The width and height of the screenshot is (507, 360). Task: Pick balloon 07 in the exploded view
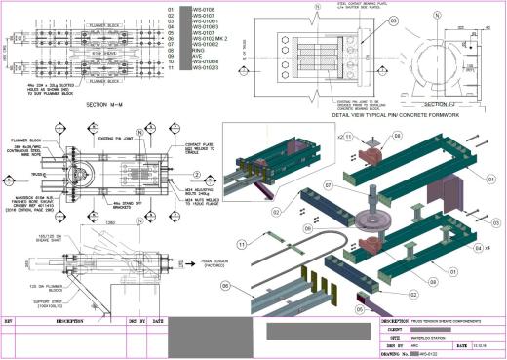(301, 181)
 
